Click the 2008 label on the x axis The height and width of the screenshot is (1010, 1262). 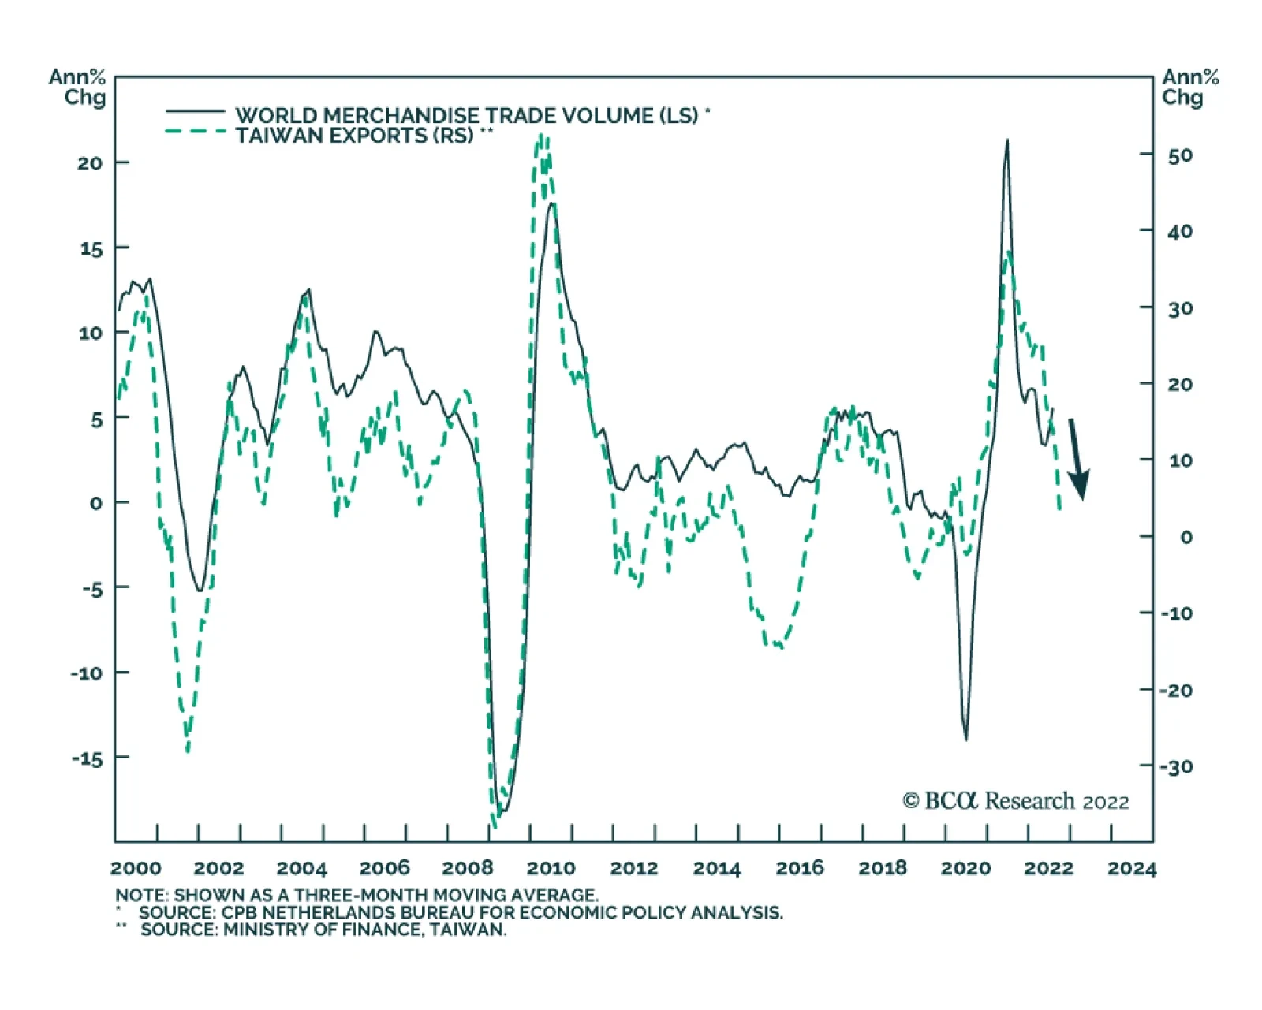468,869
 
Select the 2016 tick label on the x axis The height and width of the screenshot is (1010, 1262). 800,869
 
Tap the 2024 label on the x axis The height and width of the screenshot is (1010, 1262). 1131,869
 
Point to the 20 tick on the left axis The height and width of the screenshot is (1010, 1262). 91,163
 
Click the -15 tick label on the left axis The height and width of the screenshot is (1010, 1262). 88,758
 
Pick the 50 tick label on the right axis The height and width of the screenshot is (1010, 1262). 1180,155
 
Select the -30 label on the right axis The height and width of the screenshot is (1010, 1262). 1176,766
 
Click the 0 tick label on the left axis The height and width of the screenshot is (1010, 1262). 96,503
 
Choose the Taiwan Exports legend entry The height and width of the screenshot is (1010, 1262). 354,136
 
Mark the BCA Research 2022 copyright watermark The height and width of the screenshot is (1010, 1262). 1016,801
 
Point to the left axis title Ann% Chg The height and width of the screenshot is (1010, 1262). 77,88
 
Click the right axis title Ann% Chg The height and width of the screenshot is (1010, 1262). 1189,88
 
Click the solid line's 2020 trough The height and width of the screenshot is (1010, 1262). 965,739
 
